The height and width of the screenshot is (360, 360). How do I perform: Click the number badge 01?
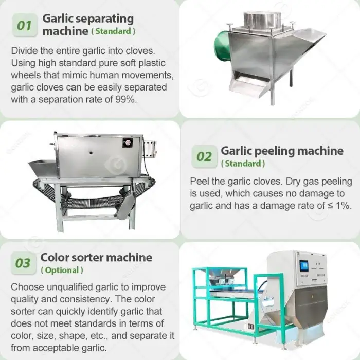[25, 25]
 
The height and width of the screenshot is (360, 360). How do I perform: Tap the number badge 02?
[204, 156]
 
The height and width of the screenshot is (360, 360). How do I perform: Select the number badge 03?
[23, 263]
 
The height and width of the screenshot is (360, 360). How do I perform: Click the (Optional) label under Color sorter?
[62, 270]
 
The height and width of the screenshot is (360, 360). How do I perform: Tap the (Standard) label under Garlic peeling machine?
[243, 164]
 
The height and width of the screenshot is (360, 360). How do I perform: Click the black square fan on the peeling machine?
[128, 143]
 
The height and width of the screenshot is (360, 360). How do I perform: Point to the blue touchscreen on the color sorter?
[304, 266]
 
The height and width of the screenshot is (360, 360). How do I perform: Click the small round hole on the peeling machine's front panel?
[91, 153]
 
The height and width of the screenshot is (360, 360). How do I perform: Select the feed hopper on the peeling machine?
[43, 168]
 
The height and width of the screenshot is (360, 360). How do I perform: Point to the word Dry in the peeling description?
[293, 182]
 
